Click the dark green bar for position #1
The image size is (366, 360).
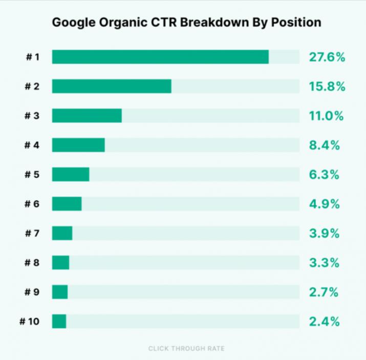(160, 57)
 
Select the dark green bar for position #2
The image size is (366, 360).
(112, 87)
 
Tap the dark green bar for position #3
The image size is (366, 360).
(87, 116)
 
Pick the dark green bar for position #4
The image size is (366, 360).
(78, 145)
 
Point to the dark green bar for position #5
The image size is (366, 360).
(71, 175)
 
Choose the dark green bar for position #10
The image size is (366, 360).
(59, 322)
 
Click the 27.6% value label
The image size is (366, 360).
(327, 57)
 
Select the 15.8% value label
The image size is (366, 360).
(327, 87)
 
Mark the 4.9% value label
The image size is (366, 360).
(324, 204)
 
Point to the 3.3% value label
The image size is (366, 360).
(324, 263)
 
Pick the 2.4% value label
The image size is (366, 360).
(324, 322)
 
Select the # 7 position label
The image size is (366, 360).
(32, 234)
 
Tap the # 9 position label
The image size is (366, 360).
(32, 292)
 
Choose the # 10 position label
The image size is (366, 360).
(30, 322)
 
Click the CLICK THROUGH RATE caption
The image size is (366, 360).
(186, 349)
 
